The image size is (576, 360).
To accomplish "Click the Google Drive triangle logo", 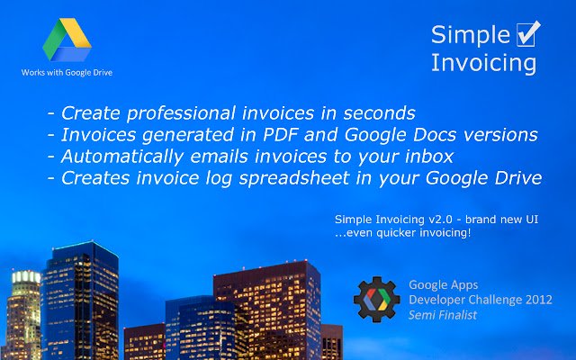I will pyautogui.click(x=67, y=40).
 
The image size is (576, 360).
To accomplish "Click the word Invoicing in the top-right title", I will pyautogui.click(x=483, y=63).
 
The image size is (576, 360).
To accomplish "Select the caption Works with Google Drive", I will pyautogui.click(x=67, y=71).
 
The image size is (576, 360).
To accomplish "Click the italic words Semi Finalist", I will pyautogui.click(x=443, y=315).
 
